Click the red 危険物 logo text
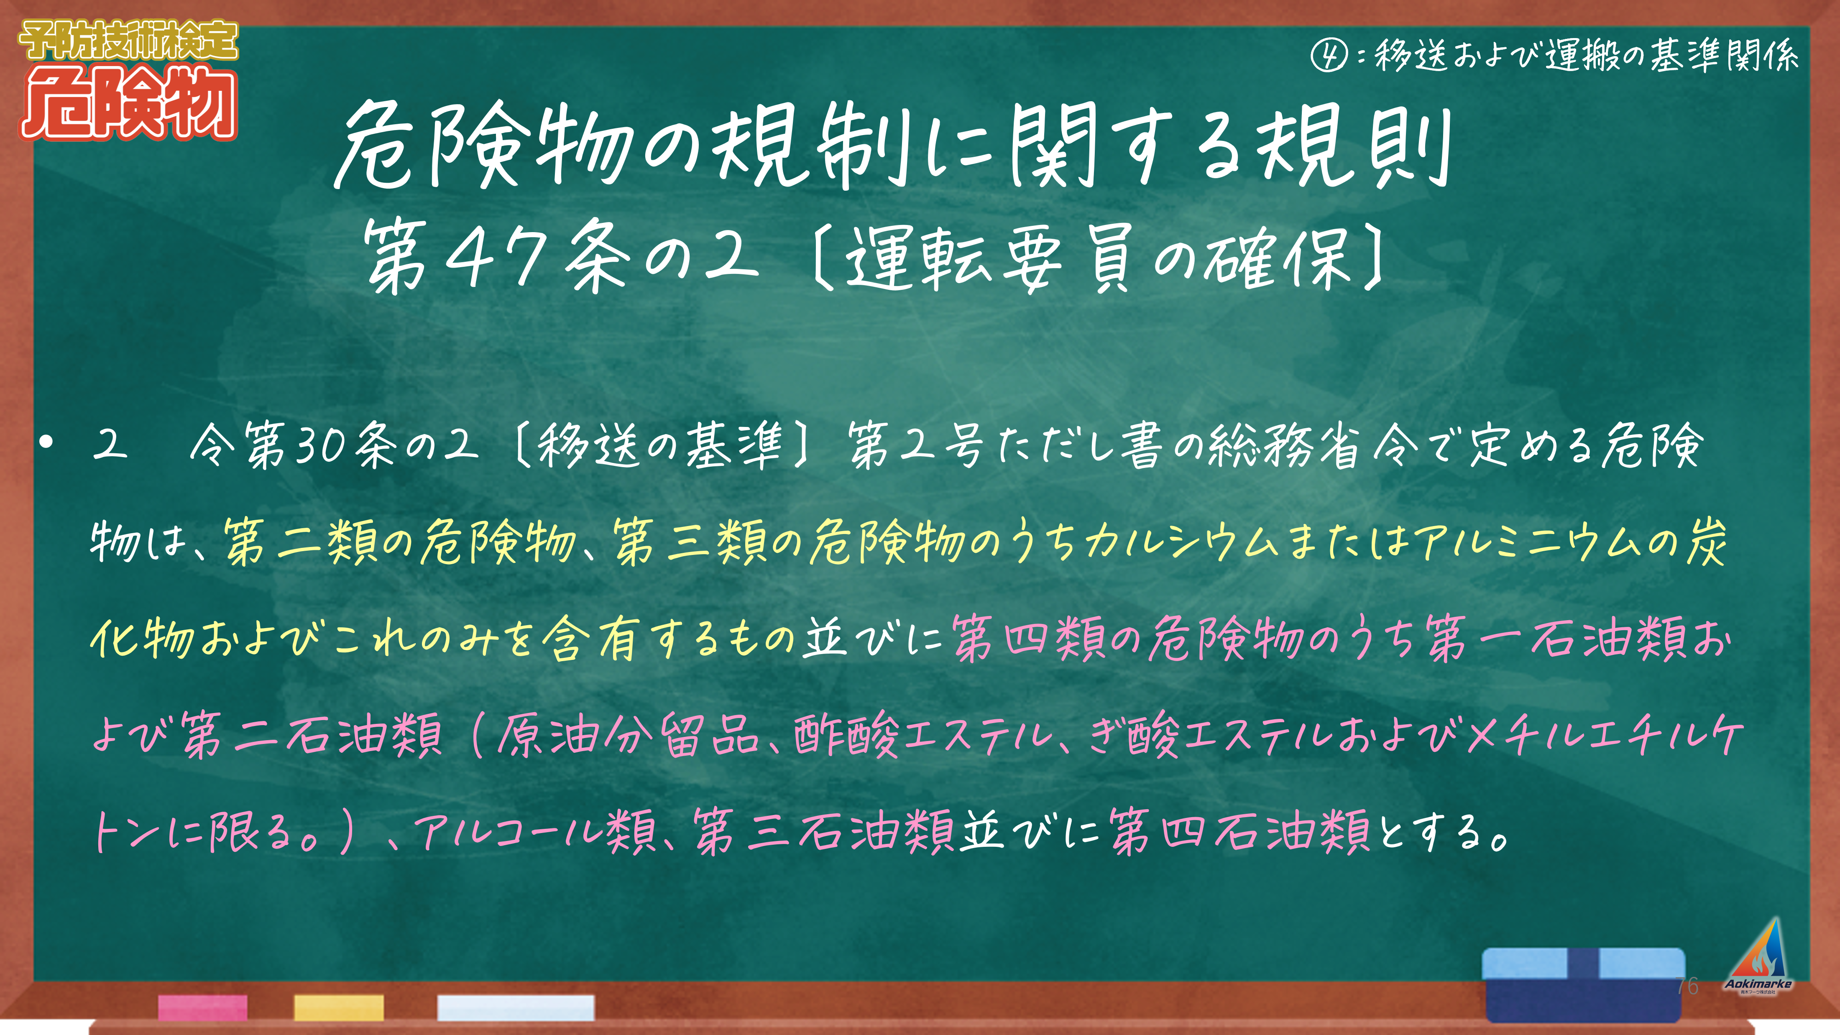pos(128,104)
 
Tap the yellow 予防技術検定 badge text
pos(128,41)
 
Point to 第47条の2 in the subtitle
pos(561,255)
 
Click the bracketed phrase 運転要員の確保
pos(1100,257)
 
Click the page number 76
pos(1687,986)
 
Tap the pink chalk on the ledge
pos(203,1007)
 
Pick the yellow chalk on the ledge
pos(339,1007)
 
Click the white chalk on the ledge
pos(516,1007)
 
